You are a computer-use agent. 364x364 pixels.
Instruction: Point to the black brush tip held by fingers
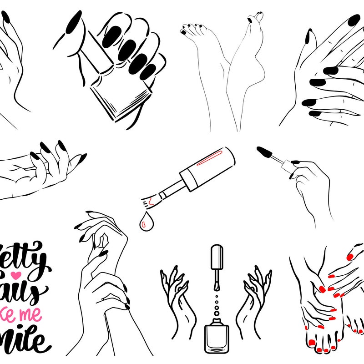(x=265, y=153)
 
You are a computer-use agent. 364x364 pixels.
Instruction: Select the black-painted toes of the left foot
(x=191, y=30)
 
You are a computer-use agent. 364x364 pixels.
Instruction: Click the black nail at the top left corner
(x=5, y=17)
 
